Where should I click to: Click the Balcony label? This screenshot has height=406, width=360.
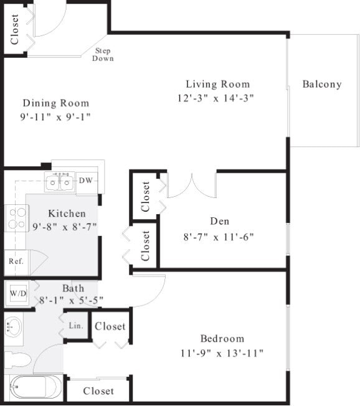point(322,84)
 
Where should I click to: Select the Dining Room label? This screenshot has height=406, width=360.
point(56,103)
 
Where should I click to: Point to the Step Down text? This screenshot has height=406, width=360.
point(103,54)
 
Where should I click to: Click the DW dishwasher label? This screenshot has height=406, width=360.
point(86,181)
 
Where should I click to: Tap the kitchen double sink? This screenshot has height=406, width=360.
point(60,182)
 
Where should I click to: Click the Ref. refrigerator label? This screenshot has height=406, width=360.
point(16,261)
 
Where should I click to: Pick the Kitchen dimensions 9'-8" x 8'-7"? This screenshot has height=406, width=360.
point(64,227)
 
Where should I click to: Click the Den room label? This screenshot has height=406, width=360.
point(220,221)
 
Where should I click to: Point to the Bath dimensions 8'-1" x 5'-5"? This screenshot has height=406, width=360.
point(71,300)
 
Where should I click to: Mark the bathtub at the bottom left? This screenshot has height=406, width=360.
point(34,388)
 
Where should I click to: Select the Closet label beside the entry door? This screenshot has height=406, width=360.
point(15,29)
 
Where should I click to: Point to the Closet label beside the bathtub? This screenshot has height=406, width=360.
point(98,391)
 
